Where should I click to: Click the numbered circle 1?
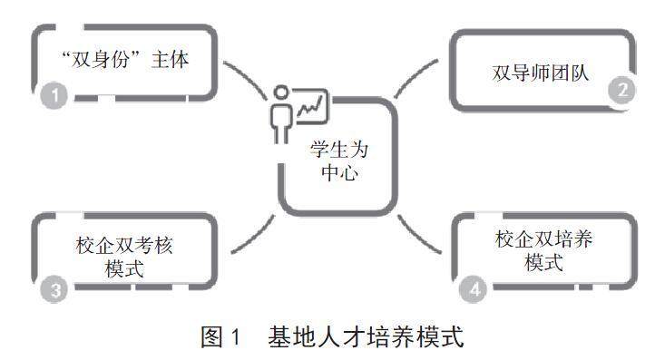54,95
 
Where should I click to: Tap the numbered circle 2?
622,90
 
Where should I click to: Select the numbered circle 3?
54,289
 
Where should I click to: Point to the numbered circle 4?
474,289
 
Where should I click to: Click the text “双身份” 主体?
125,59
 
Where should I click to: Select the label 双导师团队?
541,73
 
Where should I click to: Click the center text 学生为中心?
338,161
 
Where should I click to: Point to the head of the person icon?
281,92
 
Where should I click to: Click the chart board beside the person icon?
311,106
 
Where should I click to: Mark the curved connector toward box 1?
246,80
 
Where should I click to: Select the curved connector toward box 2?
415,77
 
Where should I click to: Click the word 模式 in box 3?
124,269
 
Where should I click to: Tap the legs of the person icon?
281,134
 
